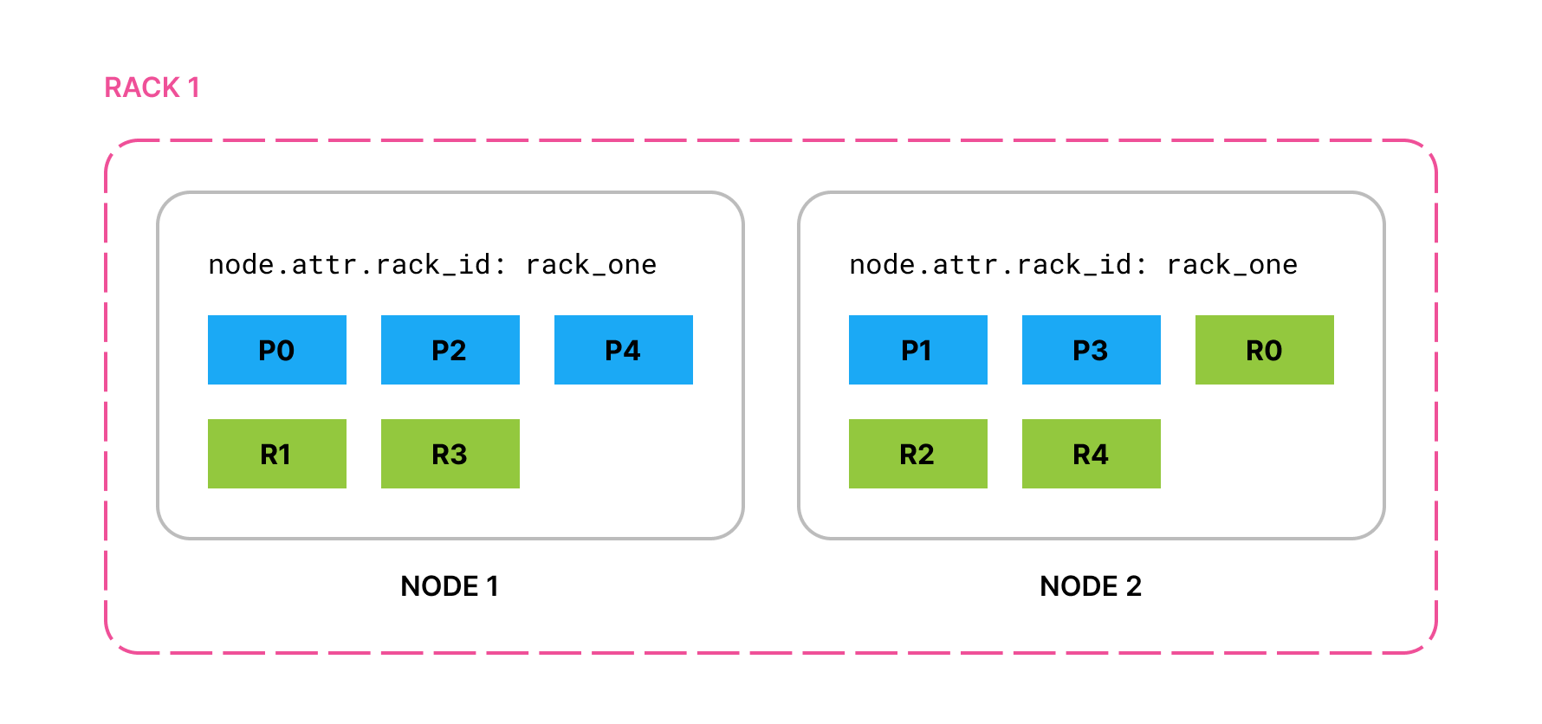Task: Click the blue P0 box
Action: coord(276,350)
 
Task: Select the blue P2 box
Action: coord(450,350)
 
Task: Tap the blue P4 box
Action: coord(623,350)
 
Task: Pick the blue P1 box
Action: coord(917,350)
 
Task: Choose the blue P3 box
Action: coord(1091,350)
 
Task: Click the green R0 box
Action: coord(1264,350)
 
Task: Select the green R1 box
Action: coord(276,454)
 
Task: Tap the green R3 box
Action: coord(450,454)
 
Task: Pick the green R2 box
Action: coord(917,454)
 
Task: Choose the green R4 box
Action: coord(1091,454)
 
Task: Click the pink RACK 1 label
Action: coord(152,87)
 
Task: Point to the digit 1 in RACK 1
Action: coord(194,87)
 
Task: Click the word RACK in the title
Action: coord(142,87)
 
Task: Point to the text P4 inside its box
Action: coord(623,351)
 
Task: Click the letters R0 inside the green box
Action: coord(1264,351)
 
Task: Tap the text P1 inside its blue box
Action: coord(917,351)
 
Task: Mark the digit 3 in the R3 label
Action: coord(458,455)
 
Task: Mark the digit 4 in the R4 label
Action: coord(1099,455)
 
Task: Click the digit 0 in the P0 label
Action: coord(286,351)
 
